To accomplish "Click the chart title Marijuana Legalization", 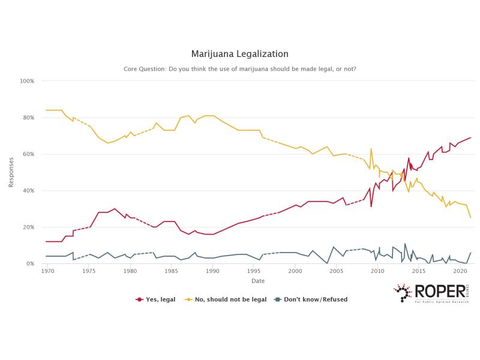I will pyautogui.click(x=240, y=54).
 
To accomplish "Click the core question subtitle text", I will pyautogui.click(x=240, y=69).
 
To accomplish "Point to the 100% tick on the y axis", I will pyautogui.click(x=28, y=81).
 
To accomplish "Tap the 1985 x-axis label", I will pyautogui.click(x=171, y=272).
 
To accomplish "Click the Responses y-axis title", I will pyautogui.click(x=11, y=173).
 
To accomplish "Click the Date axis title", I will pyautogui.click(x=258, y=281).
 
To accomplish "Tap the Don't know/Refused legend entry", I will pyautogui.click(x=311, y=299).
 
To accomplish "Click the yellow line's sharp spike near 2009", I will pyautogui.click(x=371, y=149).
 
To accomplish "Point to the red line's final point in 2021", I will pyautogui.click(x=470, y=137).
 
